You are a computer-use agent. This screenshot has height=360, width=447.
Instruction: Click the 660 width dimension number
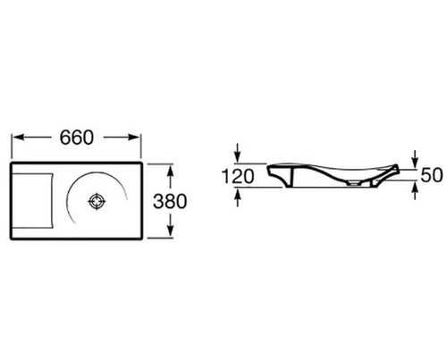coord(77,138)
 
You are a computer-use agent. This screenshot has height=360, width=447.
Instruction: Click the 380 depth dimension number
coord(170,201)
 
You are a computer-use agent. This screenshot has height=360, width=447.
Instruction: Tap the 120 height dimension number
coord(238,176)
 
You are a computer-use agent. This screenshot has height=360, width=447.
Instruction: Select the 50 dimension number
coord(432,175)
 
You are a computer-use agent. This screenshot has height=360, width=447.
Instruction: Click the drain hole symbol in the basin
coord(97,202)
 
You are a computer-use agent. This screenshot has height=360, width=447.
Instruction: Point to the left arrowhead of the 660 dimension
coord(19,138)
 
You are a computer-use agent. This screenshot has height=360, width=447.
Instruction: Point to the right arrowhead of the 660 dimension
coord(133,138)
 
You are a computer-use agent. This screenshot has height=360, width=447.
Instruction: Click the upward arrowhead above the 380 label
coord(170,172)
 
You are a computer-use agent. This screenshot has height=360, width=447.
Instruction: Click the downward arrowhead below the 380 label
coord(170,230)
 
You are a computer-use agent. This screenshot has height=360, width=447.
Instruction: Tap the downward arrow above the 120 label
coord(237,153)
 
